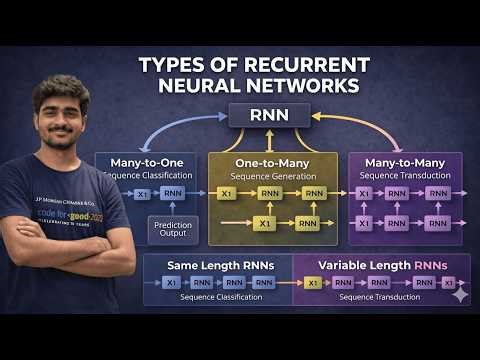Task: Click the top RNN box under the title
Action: pyautogui.click(x=269, y=115)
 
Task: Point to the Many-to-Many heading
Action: pyautogui.click(x=405, y=161)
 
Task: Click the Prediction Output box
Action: pyautogui.click(x=173, y=231)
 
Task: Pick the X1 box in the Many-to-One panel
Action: pyautogui.click(x=142, y=194)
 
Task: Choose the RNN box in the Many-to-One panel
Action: pyautogui.click(x=174, y=194)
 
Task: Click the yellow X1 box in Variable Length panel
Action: pyautogui.click(x=313, y=284)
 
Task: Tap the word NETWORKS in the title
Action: pyautogui.click(x=318, y=86)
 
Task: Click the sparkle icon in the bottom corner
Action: pyautogui.click(x=459, y=295)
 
